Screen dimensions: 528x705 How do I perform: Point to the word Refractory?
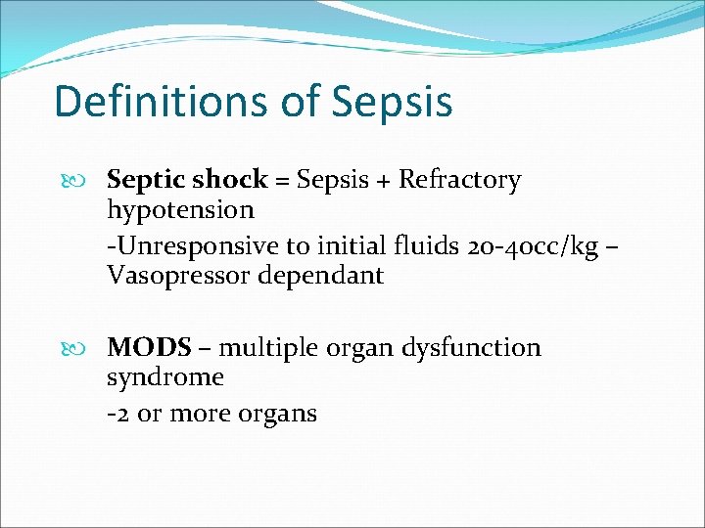tap(459, 180)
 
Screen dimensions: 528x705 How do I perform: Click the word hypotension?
tap(180, 209)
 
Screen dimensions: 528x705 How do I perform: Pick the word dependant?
tap(320, 275)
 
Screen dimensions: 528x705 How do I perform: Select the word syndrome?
tap(165, 377)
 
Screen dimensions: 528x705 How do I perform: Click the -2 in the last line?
tap(117, 414)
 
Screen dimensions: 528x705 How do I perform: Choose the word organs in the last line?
tap(278, 415)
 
